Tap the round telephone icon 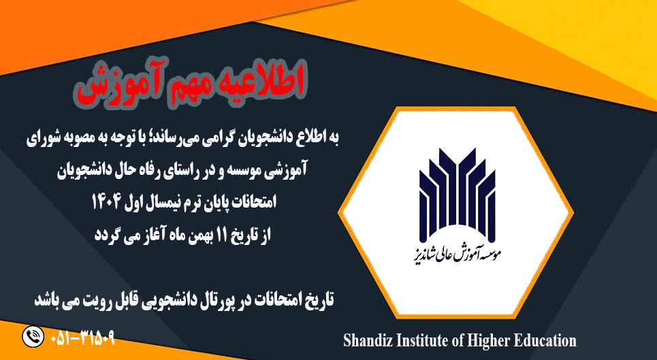coord(32,337)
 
